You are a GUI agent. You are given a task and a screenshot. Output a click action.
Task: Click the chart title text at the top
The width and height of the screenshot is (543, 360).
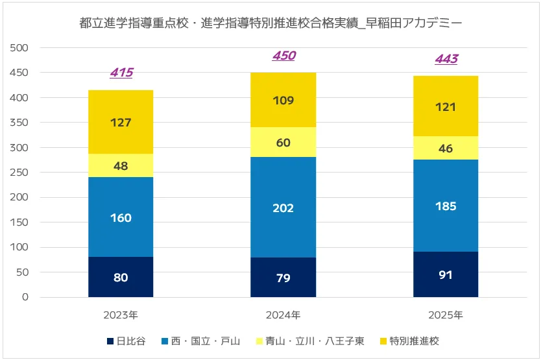(271, 24)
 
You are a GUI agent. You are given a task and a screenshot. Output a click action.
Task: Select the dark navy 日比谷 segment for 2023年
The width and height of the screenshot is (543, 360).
(121, 277)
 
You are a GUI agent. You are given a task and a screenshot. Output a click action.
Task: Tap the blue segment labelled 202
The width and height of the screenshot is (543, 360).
(284, 208)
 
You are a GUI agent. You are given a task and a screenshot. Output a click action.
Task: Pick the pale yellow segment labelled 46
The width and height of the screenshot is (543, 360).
(446, 149)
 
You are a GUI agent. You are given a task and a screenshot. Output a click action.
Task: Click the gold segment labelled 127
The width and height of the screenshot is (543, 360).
(121, 122)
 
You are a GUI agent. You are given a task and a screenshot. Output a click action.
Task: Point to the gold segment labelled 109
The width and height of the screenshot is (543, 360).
(284, 101)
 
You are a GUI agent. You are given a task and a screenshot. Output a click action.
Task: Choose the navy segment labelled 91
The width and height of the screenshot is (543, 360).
(446, 274)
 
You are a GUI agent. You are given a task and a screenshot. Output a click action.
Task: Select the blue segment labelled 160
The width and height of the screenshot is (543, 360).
(121, 217)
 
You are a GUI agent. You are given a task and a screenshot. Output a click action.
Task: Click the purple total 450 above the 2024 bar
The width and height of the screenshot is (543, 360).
(284, 56)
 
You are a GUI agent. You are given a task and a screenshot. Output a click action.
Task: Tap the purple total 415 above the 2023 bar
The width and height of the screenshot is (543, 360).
(121, 73)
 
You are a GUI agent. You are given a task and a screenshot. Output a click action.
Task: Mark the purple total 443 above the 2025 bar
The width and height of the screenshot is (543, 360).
(446, 59)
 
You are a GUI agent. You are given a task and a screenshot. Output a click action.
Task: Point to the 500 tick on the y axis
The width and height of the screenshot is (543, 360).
(20, 48)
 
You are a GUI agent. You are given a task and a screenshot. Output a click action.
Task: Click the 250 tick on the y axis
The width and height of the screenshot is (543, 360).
(20, 173)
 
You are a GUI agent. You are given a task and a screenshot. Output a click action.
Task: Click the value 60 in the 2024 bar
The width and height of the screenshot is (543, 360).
(284, 142)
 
